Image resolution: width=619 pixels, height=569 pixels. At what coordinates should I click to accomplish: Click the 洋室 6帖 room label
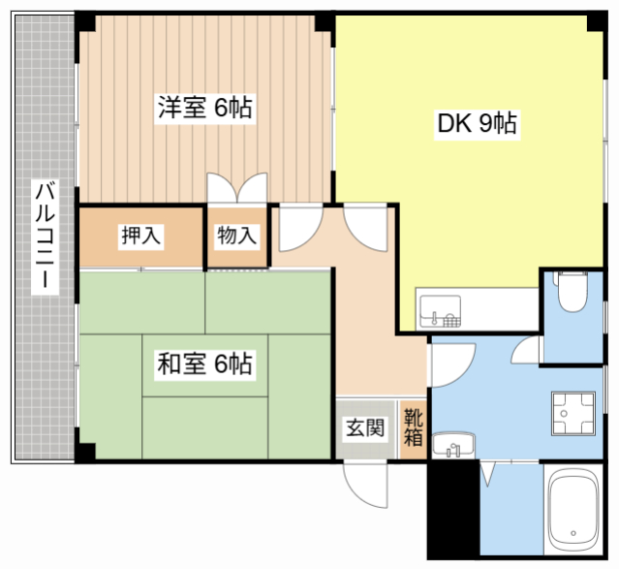205,107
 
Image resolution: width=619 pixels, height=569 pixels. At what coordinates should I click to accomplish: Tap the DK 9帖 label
477,123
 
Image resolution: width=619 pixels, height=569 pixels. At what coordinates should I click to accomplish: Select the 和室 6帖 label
204,364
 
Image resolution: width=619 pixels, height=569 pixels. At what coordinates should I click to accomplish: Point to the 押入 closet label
140,236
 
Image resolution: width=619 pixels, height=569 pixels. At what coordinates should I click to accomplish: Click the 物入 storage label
237,236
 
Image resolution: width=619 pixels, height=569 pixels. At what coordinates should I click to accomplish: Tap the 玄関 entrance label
365,427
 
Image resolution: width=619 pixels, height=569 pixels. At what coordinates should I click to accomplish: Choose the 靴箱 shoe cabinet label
414,427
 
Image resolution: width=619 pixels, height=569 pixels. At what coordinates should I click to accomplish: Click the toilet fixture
573,292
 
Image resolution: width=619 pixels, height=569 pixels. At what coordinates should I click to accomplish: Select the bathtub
573,511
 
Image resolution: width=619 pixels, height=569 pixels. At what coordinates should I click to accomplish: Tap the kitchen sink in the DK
441,311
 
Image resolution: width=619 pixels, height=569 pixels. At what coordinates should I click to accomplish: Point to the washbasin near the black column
453,445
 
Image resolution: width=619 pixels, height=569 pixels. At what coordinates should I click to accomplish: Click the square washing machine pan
573,413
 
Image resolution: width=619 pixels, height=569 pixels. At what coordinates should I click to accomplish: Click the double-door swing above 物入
237,188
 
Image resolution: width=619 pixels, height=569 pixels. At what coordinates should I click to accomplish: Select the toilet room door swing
526,350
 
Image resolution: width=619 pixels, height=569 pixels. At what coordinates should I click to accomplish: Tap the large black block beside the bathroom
454,510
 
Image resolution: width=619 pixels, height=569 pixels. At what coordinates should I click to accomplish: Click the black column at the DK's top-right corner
597,22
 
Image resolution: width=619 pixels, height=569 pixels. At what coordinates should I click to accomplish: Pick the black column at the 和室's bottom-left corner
85,452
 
